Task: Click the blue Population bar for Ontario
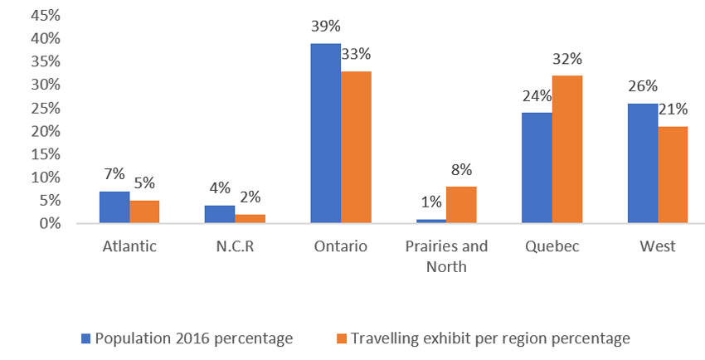coord(325,133)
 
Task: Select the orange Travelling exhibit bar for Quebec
coord(566,149)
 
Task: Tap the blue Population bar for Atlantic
coord(114,207)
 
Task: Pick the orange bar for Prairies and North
coord(461,205)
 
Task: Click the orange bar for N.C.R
coord(250,219)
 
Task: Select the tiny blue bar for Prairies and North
coord(430,221)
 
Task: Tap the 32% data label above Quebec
coord(567,60)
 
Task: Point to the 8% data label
coord(461,170)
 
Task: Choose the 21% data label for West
coord(673,110)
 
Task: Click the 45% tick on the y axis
coord(46,15)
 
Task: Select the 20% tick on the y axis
coord(46,131)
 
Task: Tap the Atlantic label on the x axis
coord(129,246)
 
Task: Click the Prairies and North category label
coord(446,255)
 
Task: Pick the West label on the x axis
coord(658,246)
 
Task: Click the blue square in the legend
coord(85,338)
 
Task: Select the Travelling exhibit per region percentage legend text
coord(490,338)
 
